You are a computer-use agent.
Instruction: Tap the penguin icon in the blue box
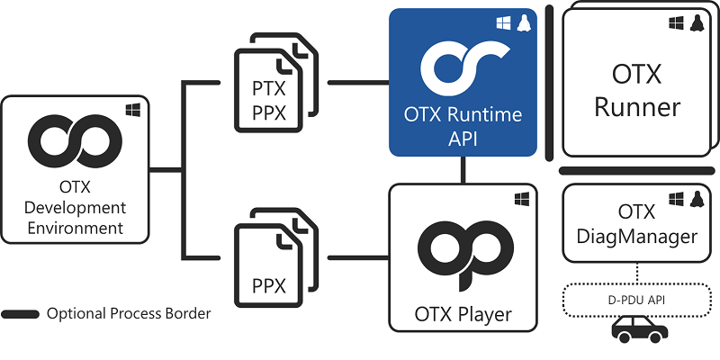pos(522,22)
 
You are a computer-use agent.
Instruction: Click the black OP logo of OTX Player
pos(463,251)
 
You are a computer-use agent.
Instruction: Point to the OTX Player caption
pos(463,315)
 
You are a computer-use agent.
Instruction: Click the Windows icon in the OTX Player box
pos(521,197)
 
